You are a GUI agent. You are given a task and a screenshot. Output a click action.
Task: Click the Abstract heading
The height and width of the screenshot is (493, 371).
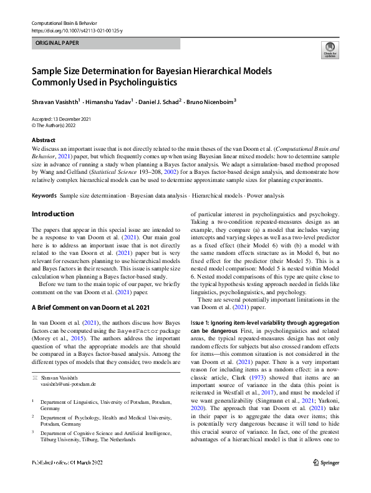[43, 140]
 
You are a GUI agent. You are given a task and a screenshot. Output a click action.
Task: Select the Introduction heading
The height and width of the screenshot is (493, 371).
[52, 214]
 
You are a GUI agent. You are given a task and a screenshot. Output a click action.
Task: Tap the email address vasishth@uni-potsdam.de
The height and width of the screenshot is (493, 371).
[70, 369]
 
